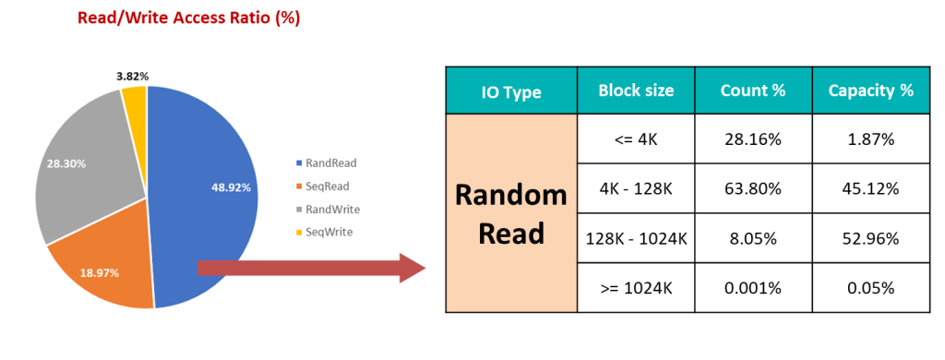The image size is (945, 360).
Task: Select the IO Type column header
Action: pos(511,90)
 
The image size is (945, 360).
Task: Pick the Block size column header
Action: pos(636,90)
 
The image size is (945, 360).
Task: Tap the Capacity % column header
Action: pos(870,90)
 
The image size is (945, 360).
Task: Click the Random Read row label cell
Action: pos(511,213)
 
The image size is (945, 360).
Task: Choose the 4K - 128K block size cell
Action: pos(636,188)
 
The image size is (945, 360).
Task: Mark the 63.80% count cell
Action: pos(752,188)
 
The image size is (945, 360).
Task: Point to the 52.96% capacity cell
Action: pos(870,238)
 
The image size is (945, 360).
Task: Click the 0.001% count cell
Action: pos(752,287)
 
